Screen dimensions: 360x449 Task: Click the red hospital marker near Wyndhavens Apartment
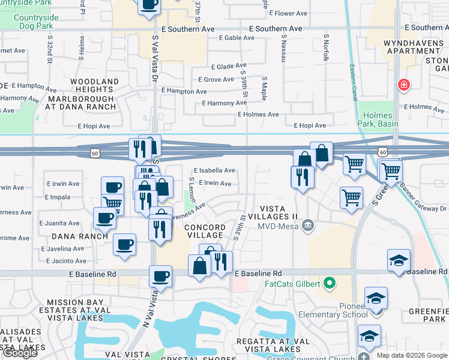[404, 85]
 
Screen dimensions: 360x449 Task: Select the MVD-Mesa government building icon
[308, 226]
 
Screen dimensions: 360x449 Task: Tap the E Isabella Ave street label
[214, 170]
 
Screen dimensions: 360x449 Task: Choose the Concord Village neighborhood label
[205, 232]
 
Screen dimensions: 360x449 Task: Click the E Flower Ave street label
[289, 13]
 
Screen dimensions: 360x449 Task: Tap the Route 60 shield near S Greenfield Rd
[382, 152]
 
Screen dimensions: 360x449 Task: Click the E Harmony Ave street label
[224, 103]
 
